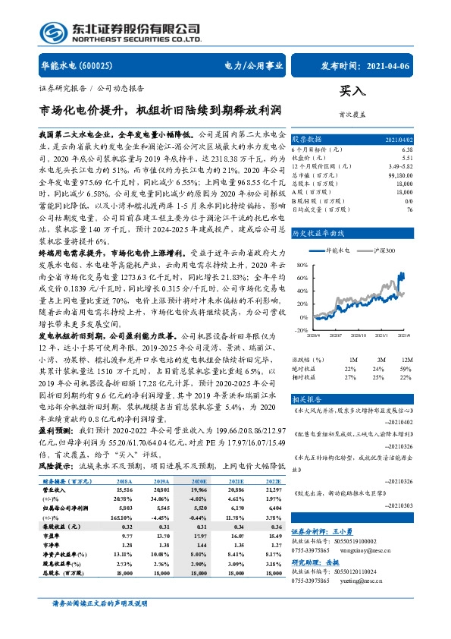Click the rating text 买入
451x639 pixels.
[351, 90]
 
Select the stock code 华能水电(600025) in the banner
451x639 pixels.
[77, 67]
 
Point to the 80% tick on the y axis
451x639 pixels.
[302, 286]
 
